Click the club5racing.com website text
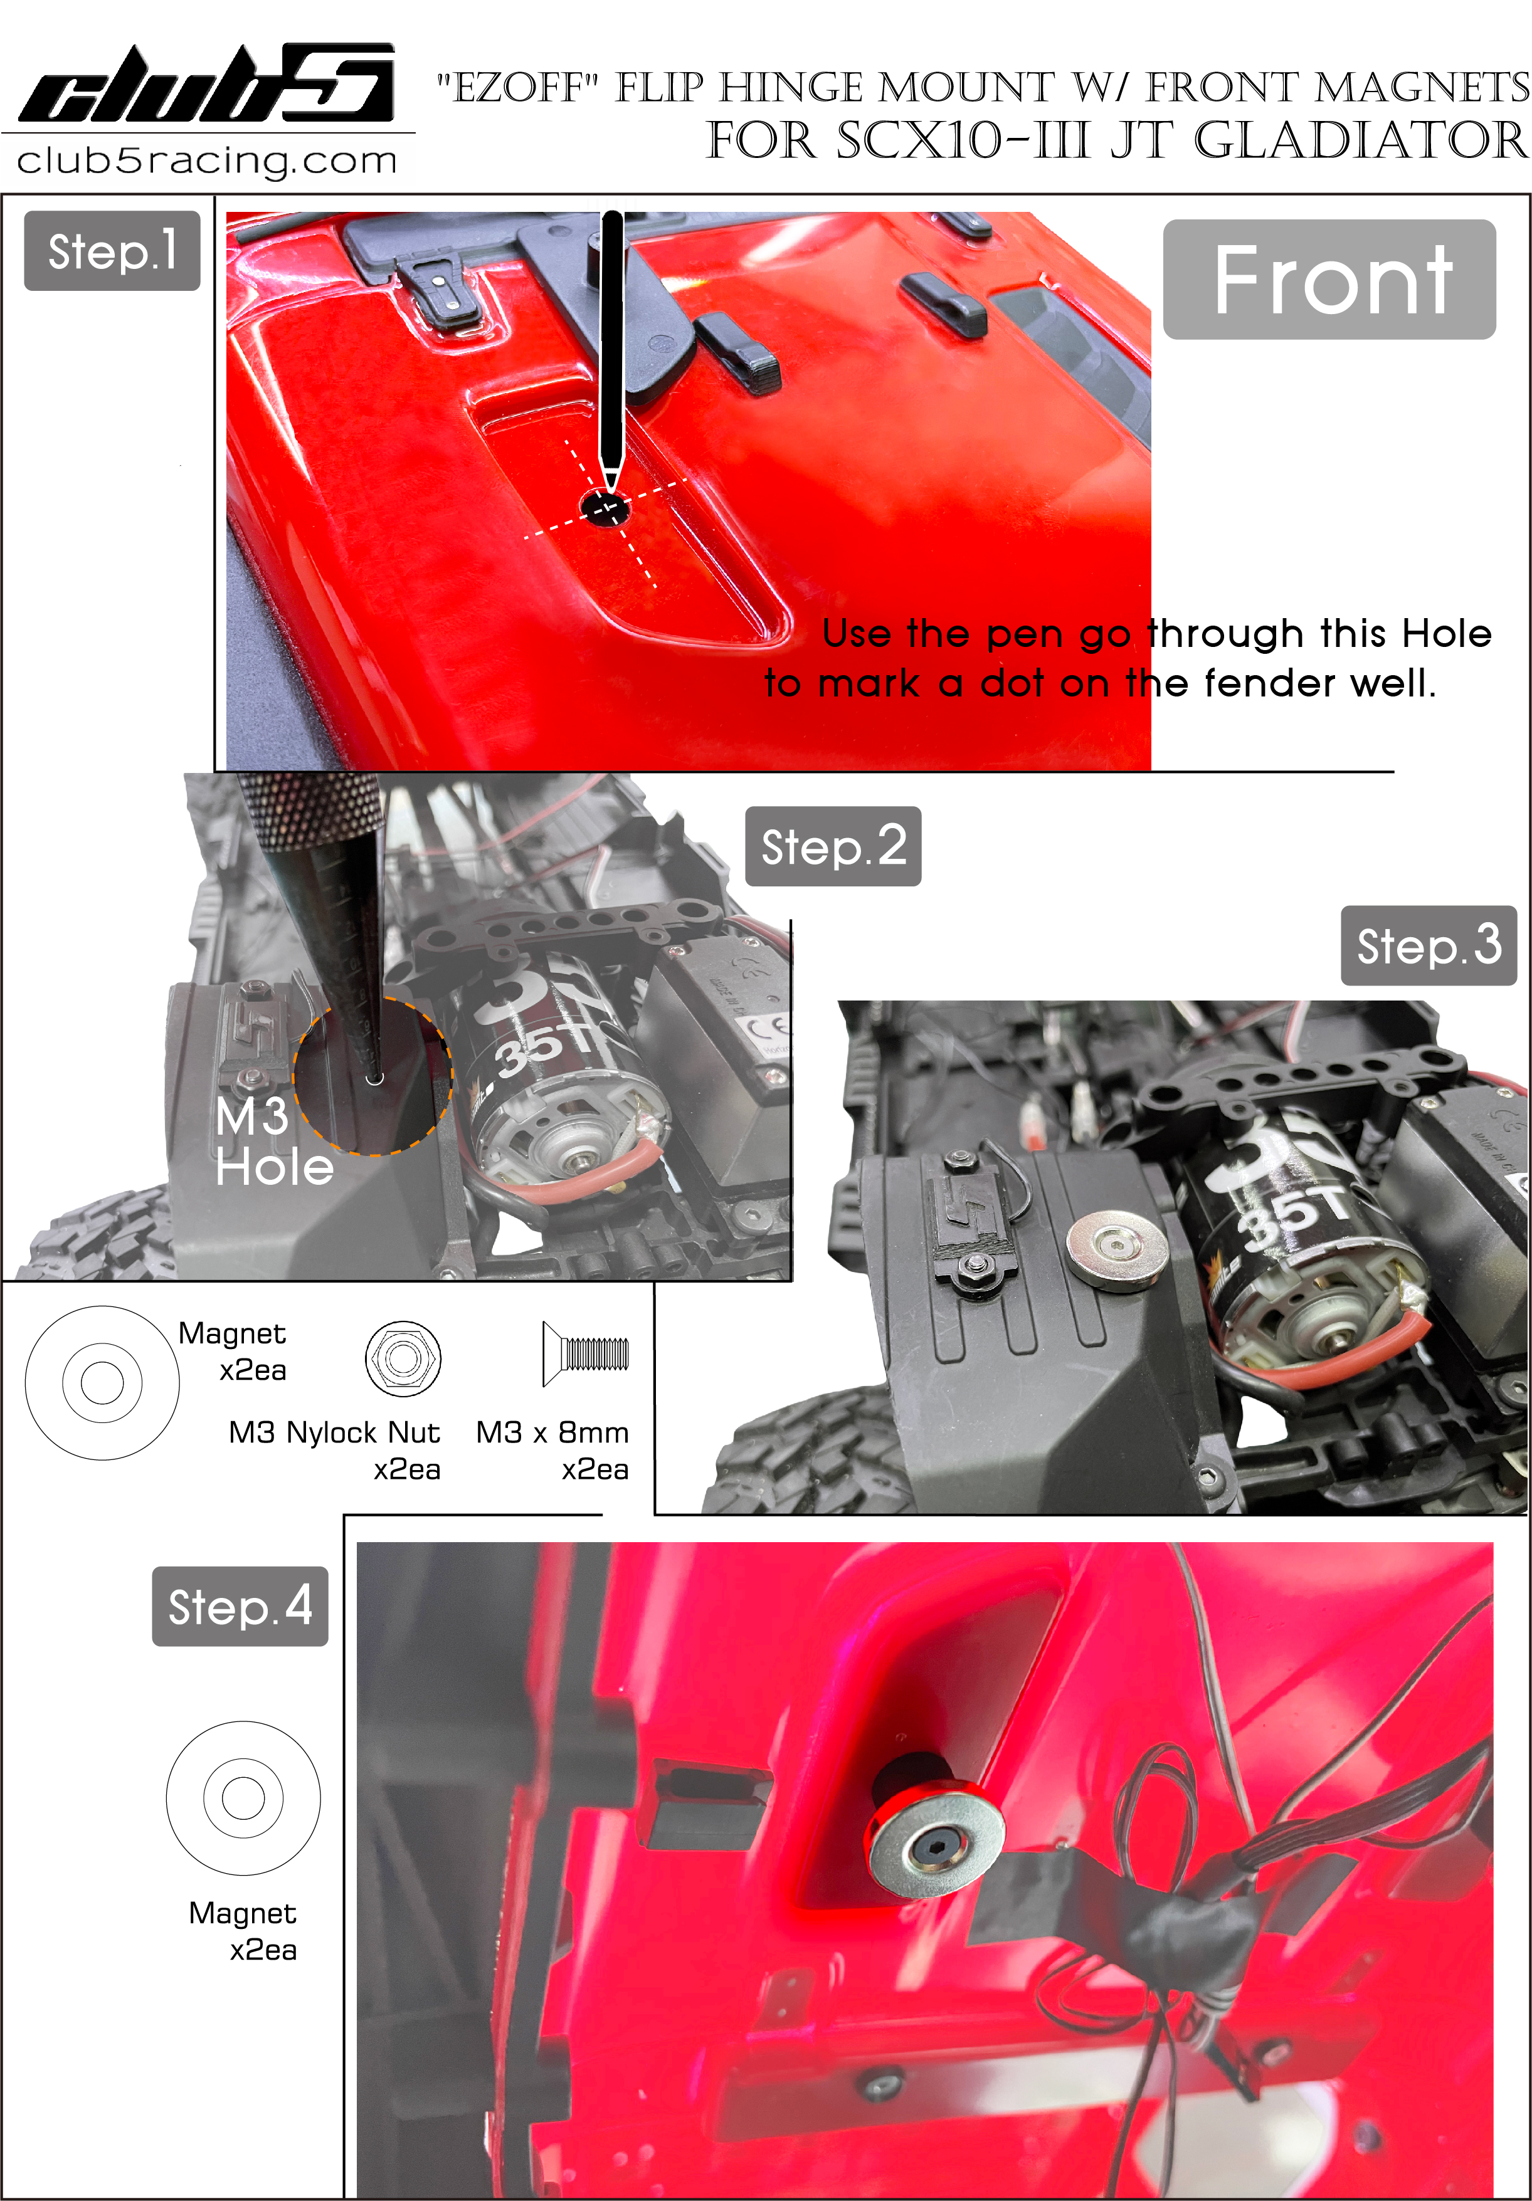[x=207, y=160]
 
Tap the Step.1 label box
[x=112, y=251]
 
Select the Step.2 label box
[x=833, y=846]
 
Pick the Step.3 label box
[x=1429, y=945]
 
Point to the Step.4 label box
[x=240, y=1607]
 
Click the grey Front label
[x=1329, y=279]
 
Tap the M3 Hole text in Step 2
[x=273, y=1142]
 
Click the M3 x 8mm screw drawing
[x=585, y=1353]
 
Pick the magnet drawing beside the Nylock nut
[x=102, y=1382]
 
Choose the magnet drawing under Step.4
[x=243, y=1799]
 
